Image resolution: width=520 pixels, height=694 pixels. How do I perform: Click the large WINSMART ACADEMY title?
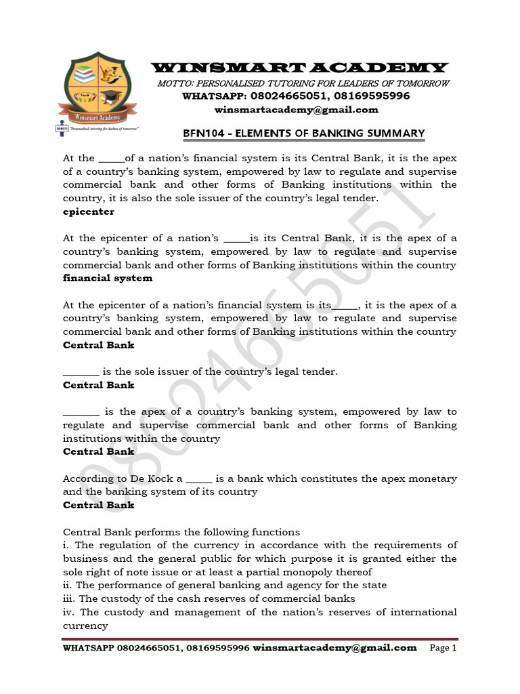pos(299,67)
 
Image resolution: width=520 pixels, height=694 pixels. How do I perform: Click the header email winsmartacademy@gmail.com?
pos(297,110)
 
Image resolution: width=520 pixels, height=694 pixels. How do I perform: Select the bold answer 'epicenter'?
pos(89,211)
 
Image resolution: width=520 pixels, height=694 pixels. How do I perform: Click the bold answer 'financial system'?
pos(108,278)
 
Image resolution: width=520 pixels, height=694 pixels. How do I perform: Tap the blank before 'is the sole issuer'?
pos(81,372)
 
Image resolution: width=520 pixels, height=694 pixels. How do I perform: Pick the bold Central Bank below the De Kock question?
pos(99,505)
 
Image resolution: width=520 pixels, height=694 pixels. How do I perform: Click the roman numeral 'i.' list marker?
pos(66,545)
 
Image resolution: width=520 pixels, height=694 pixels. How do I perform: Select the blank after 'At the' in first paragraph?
pos(111,159)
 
